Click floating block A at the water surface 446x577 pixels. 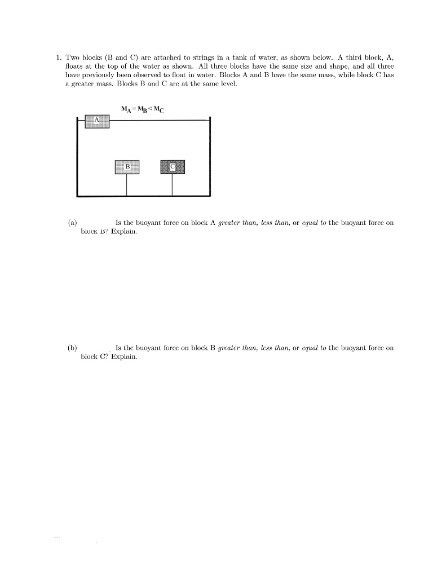[97, 121]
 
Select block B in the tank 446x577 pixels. [127, 166]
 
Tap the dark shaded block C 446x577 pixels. [173, 166]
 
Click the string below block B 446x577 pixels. [127, 184]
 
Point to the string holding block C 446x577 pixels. [173, 184]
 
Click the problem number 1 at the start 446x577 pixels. [58, 57]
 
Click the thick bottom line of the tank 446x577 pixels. [143, 196]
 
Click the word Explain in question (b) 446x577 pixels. [124, 357]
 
